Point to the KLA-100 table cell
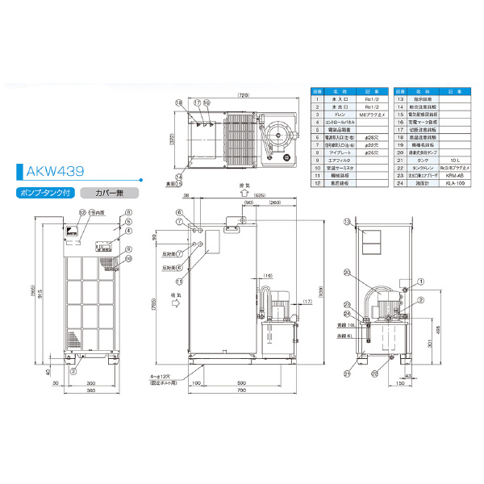coord(452,184)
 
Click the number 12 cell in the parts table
coord(317,184)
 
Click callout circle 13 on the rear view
coord(346,221)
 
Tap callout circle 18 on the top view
coord(178,103)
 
